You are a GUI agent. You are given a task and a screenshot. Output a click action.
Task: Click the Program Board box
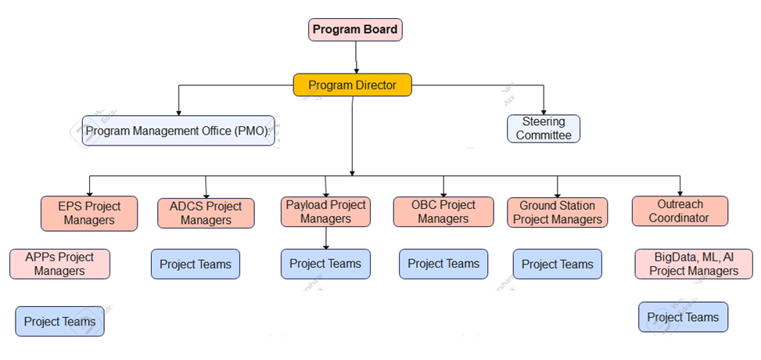click(x=355, y=30)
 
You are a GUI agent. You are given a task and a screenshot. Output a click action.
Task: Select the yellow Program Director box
click(x=353, y=85)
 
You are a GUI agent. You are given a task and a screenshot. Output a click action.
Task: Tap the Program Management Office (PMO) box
click(x=178, y=131)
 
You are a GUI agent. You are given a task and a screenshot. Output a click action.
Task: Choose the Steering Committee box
click(x=544, y=129)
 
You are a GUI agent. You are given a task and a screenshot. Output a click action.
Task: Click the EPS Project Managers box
click(x=89, y=214)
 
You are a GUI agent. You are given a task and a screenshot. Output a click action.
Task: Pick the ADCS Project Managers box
click(x=206, y=214)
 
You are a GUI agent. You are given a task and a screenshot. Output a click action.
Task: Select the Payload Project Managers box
click(x=325, y=211)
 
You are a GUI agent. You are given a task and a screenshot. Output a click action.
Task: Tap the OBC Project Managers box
click(x=443, y=212)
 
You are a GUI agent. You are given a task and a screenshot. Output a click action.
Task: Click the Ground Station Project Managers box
click(x=557, y=212)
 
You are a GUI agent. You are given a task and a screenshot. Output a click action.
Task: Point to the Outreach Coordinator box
click(x=680, y=211)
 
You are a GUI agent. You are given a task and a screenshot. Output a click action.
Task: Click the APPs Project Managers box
click(x=59, y=264)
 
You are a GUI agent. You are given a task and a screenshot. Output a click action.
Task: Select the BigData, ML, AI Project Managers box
click(x=694, y=264)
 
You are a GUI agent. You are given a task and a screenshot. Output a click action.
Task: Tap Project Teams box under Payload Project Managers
click(x=325, y=264)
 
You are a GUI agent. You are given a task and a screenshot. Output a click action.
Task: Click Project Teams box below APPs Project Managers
click(x=59, y=321)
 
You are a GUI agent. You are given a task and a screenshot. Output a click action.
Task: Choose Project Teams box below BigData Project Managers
click(x=684, y=317)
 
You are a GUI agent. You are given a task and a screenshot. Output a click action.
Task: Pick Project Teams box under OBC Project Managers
click(x=443, y=264)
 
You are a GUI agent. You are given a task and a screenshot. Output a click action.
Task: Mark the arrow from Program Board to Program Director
click(x=356, y=57)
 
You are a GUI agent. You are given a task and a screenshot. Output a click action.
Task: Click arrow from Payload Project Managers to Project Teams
click(x=325, y=238)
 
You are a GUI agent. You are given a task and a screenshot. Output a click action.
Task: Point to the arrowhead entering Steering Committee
click(x=544, y=112)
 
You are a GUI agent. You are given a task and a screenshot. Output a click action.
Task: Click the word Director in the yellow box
click(x=375, y=85)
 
